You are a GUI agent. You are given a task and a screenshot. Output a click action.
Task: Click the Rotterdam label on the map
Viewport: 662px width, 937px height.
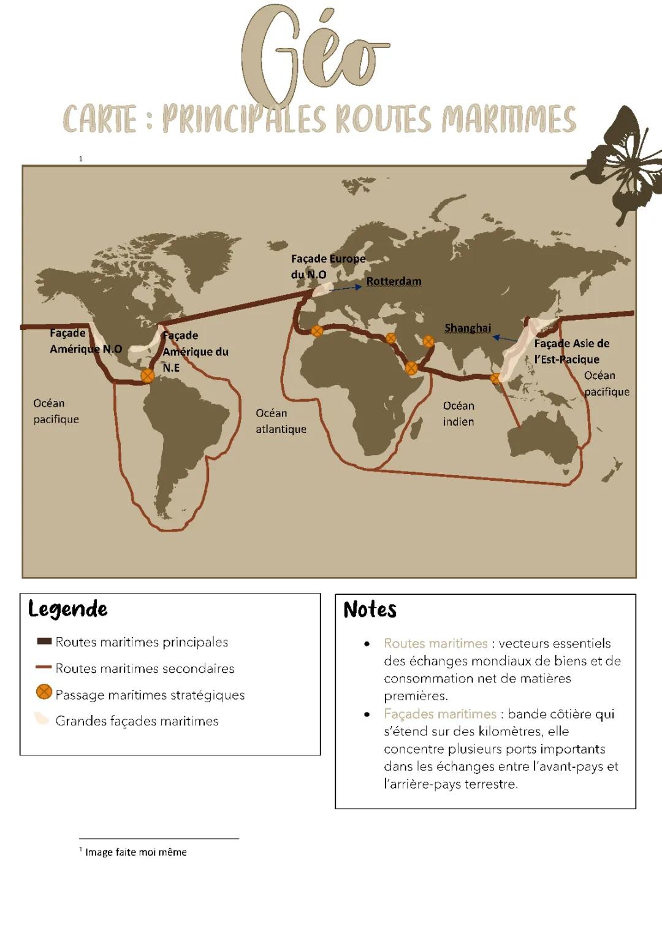(x=394, y=281)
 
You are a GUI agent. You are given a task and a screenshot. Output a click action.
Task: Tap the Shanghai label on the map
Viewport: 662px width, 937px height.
(x=468, y=328)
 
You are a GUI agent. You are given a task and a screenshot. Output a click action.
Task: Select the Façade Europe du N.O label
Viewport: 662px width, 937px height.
(x=328, y=267)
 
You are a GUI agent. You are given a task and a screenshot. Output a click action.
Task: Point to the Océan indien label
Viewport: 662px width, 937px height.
(x=458, y=413)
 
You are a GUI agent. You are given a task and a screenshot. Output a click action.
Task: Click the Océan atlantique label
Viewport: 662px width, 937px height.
(x=281, y=421)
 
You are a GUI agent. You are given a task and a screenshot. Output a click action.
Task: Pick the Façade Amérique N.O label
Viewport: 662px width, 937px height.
(x=86, y=341)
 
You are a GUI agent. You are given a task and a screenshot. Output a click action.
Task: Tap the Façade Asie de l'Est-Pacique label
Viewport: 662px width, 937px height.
(x=571, y=351)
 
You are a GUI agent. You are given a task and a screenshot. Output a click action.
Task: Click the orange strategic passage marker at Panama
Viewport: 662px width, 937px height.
(x=148, y=376)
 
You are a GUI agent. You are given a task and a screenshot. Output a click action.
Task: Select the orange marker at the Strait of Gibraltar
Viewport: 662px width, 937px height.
(x=317, y=331)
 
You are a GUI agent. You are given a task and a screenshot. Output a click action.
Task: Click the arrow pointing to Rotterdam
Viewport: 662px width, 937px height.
(x=346, y=288)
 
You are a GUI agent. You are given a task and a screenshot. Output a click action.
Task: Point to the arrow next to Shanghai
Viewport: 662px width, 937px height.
(x=505, y=338)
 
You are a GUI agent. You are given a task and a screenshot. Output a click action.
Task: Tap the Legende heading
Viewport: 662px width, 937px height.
(x=68, y=609)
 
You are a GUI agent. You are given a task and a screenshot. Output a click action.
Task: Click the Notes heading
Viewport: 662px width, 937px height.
(x=370, y=610)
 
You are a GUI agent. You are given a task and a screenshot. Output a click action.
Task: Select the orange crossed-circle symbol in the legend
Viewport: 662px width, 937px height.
(x=44, y=692)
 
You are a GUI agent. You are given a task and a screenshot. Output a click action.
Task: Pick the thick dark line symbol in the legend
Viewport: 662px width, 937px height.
(x=44, y=641)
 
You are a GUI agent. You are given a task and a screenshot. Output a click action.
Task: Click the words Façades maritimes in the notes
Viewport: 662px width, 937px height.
(x=440, y=714)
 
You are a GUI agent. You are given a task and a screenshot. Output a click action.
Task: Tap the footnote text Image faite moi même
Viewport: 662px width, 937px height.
(x=135, y=852)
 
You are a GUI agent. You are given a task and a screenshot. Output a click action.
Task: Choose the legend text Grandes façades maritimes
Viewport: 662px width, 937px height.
(x=137, y=721)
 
